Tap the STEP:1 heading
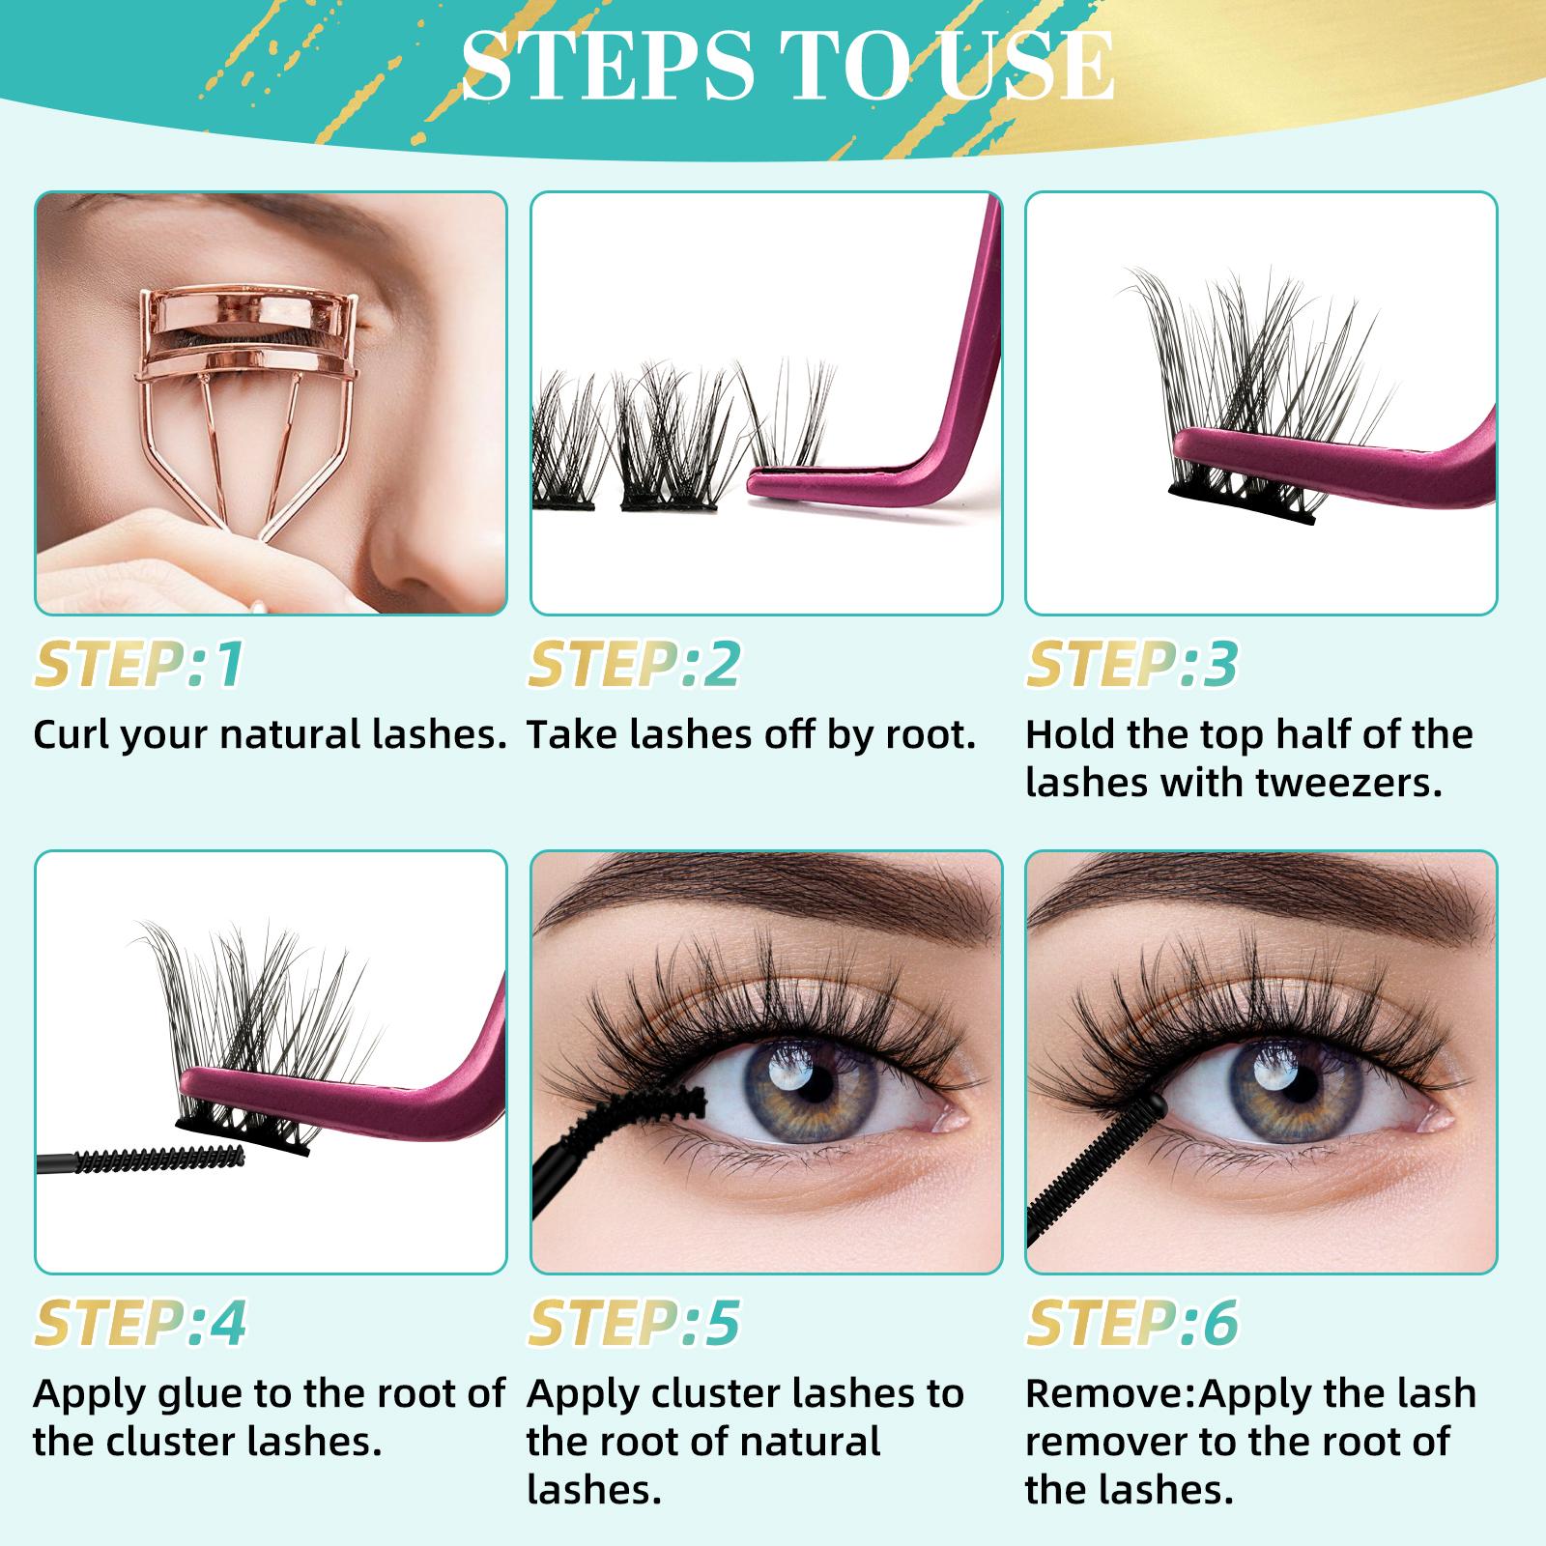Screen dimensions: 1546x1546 pos(139,664)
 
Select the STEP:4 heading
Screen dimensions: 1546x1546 pos(139,1323)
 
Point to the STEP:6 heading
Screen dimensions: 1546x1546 pos(1131,1323)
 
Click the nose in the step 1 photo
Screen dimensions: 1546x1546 pos(425,541)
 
